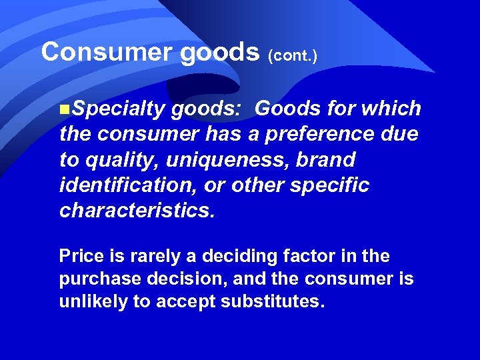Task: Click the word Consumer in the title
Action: pyautogui.click(x=107, y=52)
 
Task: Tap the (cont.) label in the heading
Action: pyautogui.click(x=292, y=55)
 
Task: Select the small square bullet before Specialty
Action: pyautogui.click(x=63, y=109)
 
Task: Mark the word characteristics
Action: pyautogui.click(x=137, y=210)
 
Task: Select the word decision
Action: pyautogui.click(x=193, y=279)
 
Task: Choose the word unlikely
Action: pyautogui.click(x=94, y=302)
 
